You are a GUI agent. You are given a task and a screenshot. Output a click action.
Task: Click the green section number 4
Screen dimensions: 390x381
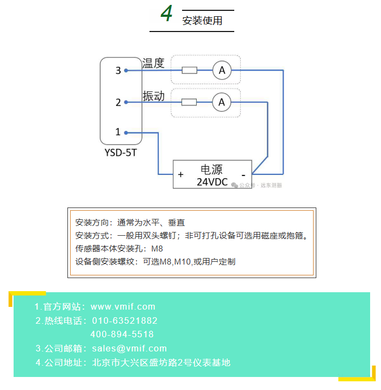coord(166,15)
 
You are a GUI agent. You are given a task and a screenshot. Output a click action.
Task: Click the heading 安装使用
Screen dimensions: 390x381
coord(202,21)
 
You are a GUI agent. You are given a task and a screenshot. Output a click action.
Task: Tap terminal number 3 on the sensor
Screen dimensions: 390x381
coord(118,70)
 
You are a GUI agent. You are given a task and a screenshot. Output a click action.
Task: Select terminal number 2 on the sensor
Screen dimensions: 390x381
coord(118,102)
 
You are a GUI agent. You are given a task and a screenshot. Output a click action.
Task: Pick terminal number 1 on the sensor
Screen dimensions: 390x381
coord(118,131)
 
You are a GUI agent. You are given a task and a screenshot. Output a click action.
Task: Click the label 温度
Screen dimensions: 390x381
coord(153,63)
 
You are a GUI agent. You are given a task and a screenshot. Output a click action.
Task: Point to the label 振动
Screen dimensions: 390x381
coord(153,96)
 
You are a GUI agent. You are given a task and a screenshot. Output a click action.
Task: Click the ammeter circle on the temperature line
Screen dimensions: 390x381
coord(222,70)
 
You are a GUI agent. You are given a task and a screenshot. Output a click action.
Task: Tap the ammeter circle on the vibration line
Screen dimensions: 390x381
coord(221,102)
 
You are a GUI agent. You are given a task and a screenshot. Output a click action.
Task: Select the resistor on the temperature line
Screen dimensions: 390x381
coord(189,70)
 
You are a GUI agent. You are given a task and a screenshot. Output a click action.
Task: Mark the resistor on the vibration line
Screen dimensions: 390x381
coord(189,102)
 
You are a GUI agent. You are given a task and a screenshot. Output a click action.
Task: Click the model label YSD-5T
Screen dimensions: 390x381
coord(121,153)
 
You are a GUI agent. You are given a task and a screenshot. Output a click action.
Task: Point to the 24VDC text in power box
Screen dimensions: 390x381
coord(212,182)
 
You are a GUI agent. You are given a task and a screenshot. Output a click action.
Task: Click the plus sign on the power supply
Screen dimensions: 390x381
coord(180,174)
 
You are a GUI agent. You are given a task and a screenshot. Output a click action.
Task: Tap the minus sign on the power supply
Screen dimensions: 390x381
coord(243,175)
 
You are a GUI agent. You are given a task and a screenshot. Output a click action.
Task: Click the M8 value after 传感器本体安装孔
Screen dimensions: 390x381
coord(157,249)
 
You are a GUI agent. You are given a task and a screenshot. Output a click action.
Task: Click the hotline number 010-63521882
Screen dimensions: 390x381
coord(124,320)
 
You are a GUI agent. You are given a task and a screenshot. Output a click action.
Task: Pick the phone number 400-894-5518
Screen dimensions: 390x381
coord(122,335)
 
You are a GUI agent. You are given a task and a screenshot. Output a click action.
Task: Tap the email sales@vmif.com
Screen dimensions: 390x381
coord(129,348)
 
